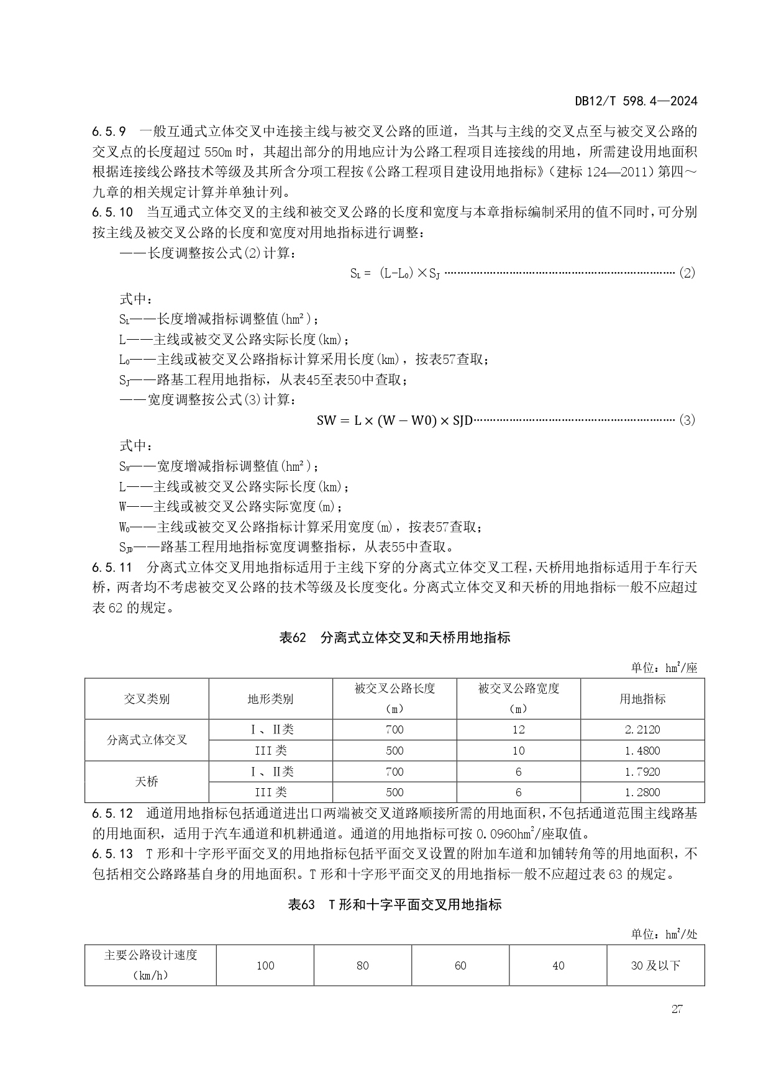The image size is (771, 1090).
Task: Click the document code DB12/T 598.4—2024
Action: pos(636,101)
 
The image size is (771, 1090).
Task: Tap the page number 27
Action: pos(677,1009)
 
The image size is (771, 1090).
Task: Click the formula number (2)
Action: pos(687,273)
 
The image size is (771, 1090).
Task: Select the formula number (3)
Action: pos(687,420)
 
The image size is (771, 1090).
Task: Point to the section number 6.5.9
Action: pos(109,132)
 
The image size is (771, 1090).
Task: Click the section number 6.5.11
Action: pos(112,567)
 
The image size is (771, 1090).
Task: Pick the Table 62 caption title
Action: pos(395,638)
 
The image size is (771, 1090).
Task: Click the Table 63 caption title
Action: pos(395,904)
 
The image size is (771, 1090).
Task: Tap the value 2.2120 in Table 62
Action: pos(642,730)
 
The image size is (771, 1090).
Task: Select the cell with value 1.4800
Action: pos(642,750)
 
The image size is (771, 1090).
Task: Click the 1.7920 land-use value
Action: pos(642,771)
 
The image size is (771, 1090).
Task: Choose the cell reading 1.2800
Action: pos(642,792)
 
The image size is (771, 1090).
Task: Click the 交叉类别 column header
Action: pos(147,699)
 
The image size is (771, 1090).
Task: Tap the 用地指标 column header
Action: pos(642,699)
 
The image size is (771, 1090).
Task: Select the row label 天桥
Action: pos(147,781)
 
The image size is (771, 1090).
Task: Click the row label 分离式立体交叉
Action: pos(147,740)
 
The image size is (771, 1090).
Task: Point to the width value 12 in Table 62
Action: pos(518,730)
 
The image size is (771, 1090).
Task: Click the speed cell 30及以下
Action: pos(655,965)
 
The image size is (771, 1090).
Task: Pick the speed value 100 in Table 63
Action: pos(265,965)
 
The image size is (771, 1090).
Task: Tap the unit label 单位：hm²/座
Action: pos(664,668)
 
